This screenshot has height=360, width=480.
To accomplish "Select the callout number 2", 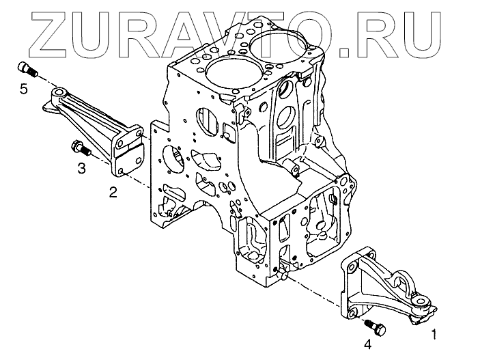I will click(113, 193).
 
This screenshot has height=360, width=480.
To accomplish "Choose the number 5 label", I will click(24, 89).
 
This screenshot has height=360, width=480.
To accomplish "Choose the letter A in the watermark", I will click(184, 29).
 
